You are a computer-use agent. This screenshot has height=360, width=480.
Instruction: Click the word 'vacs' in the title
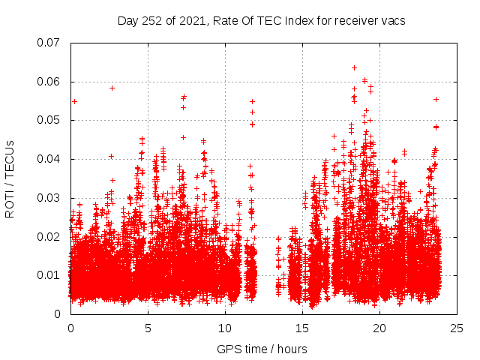click(393, 21)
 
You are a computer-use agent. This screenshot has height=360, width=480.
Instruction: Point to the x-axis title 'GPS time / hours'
click(262, 349)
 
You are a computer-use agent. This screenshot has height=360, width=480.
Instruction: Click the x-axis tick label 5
click(148, 328)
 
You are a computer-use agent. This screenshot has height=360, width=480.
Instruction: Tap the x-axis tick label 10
click(226, 328)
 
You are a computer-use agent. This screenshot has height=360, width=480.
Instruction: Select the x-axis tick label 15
click(303, 328)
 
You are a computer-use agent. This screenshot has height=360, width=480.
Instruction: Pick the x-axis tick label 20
click(380, 328)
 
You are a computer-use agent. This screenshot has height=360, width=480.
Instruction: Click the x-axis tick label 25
click(457, 328)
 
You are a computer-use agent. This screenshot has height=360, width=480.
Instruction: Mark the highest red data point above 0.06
click(354, 67)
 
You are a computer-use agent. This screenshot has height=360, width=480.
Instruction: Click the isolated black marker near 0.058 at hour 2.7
click(112, 88)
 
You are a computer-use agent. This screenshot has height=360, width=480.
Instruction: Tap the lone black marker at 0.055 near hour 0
click(74, 101)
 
